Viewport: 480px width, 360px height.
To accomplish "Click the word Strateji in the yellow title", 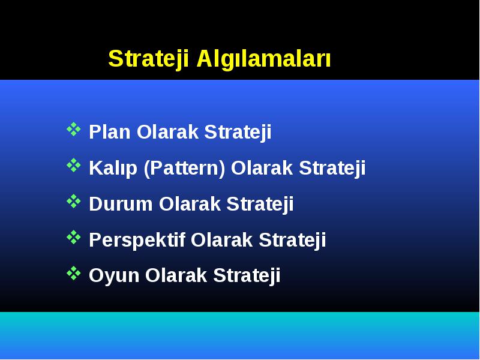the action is [148, 59].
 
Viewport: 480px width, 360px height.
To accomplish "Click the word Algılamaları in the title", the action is [263, 59].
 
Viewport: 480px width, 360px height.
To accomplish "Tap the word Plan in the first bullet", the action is [110, 132].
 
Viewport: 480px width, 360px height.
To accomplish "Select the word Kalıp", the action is [113, 169].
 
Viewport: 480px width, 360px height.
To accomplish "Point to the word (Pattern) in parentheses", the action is [185, 169].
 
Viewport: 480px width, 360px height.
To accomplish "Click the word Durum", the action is [121, 204].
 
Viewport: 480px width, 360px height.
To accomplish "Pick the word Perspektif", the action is [137, 240].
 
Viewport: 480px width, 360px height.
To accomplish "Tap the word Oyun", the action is [114, 275].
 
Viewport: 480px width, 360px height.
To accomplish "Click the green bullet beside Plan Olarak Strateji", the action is [74, 129].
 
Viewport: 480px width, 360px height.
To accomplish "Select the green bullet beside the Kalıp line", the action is [74, 166].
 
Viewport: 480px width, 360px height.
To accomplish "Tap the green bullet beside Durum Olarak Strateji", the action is [74, 201].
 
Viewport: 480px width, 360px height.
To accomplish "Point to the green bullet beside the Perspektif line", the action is [74, 237].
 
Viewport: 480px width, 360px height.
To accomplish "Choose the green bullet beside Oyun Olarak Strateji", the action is [74, 273].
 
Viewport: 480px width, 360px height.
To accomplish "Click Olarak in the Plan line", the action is [168, 132].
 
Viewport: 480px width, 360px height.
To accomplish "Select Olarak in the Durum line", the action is [190, 204].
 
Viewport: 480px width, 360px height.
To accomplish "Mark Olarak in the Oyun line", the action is [176, 275].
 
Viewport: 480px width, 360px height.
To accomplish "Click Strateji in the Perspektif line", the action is [292, 240].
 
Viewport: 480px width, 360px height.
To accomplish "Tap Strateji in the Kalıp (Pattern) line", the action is [332, 169].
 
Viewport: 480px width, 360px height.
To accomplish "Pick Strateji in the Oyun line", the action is [247, 275].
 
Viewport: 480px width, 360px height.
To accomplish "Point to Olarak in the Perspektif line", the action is [222, 240].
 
